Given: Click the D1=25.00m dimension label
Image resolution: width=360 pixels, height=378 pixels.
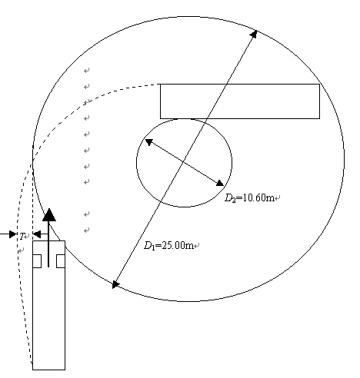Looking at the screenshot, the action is click(x=168, y=245).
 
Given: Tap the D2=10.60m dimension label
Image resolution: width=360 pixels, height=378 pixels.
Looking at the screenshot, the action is click(x=249, y=197).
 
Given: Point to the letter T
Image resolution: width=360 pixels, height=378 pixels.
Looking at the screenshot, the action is click(x=22, y=236).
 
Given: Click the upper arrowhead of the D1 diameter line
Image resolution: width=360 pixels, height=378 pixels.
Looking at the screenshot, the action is click(x=254, y=34).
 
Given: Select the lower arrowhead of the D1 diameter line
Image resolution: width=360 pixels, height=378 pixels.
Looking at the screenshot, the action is click(x=115, y=284).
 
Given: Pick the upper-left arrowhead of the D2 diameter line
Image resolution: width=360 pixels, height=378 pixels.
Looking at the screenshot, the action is click(x=149, y=142).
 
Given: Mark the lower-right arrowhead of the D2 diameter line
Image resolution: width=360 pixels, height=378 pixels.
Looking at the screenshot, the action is click(x=220, y=183).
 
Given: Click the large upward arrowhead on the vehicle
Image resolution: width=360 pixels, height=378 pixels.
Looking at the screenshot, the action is click(x=49, y=214).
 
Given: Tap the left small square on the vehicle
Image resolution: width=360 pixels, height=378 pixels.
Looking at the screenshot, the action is click(x=37, y=261).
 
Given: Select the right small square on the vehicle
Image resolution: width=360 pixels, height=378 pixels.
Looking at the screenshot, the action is click(x=61, y=261).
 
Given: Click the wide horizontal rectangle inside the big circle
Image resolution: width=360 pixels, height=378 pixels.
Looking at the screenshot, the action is click(x=240, y=101).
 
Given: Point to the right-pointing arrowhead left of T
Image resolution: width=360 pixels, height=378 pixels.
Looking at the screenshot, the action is click(x=13, y=234).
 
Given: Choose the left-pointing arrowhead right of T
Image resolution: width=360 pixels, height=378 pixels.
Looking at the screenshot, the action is click(x=37, y=234).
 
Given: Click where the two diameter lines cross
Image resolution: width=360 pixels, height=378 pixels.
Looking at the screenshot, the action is click(x=183, y=162).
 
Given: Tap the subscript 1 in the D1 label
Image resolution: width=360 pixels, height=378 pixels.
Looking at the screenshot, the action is click(x=153, y=247).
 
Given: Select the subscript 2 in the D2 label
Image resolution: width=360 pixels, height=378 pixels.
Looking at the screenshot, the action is click(x=234, y=200).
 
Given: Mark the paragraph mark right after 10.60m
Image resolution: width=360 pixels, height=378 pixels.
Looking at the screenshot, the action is click(x=278, y=197).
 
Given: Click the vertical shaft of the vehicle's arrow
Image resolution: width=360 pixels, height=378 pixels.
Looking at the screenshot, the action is click(x=48, y=244).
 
